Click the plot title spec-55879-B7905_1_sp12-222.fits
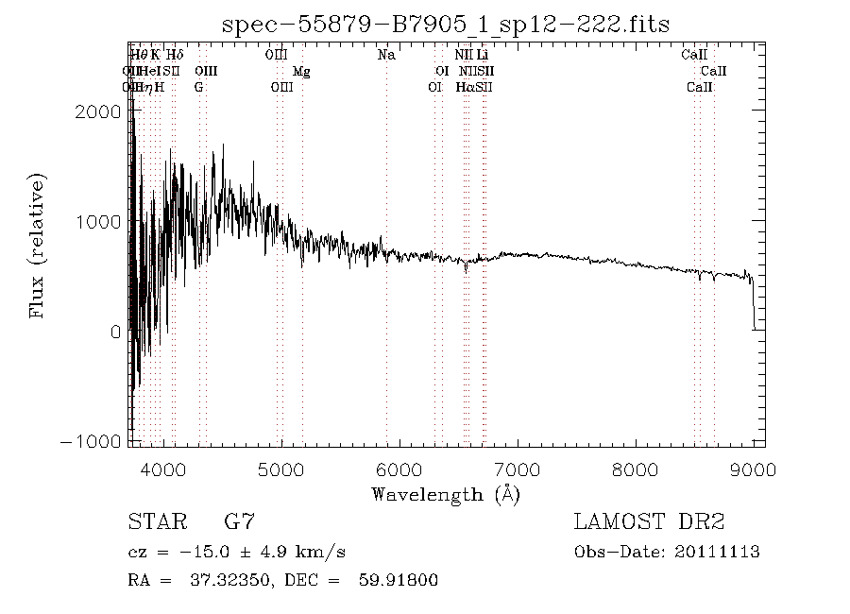[446, 25]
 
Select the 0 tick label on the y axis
[114, 333]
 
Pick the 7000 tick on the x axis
[518, 469]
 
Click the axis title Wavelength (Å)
[446, 493]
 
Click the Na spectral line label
[386, 55]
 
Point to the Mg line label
[301, 71]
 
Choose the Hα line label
[465, 87]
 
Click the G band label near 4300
[198, 87]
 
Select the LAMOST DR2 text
[649, 521]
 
